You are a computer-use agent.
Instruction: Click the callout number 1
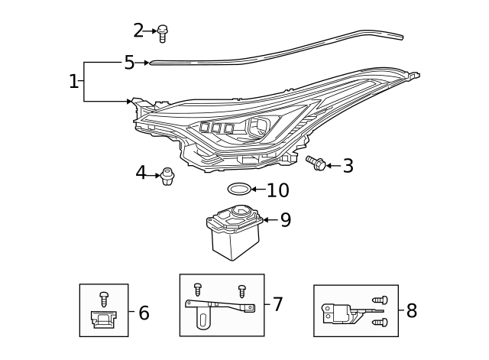pyautogui.click(x=73, y=81)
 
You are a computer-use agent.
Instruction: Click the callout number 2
pyautogui.click(x=138, y=31)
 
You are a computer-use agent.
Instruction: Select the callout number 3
pyautogui.click(x=348, y=166)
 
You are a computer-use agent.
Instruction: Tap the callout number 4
pyautogui.click(x=141, y=174)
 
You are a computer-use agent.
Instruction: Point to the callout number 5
pyautogui.click(x=129, y=63)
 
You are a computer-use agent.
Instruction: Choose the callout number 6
pyautogui.click(x=144, y=312)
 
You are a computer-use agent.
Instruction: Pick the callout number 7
pyautogui.click(x=278, y=304)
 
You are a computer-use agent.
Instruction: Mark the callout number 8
pyautogui.click(x=412, y=310)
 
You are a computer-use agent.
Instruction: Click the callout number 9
pyautogui.click(x=285, y=220)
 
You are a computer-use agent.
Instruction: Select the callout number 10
pyautogui.click(x=278, y=190)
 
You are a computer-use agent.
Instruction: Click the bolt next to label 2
pyautogui.click(x=162, y=32)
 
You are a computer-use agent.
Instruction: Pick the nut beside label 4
pyautogui.click(x=168, y=177)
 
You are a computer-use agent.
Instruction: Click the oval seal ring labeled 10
pyautogui.click(x=238, y=189)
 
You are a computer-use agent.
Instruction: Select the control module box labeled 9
pyautogui.click(x=235, y=230)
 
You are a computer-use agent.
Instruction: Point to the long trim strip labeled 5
pyautogui.click(x=275, y=50)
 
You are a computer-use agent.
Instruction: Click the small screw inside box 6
pyautogui.click(x=104, y=298)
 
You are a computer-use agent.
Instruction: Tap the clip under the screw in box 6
pyautogui.click(x=103, y=319)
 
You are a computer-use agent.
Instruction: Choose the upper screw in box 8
pyautogui.click(x=380, y=300)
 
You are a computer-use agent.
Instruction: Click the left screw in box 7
pyautogui.click(x=197, y=288)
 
